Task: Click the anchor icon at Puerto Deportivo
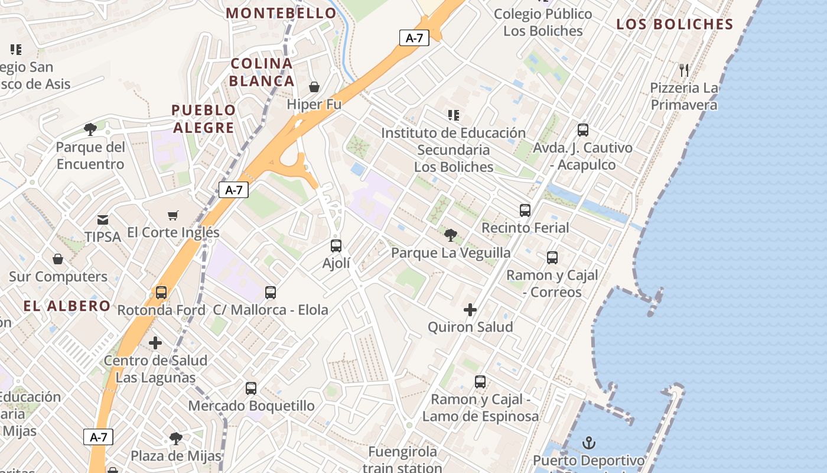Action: coord(589,443)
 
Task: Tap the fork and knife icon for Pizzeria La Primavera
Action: coord(684,70)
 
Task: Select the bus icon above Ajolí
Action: coord(336,245)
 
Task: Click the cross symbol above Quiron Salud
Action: coord(470,310)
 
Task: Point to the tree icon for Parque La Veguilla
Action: coord(451,235)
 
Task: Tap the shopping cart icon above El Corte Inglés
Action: coord(173,216)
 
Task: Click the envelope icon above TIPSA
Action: coord(103,220)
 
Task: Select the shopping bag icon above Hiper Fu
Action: coord(314,88)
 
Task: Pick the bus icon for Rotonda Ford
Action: coord(161,292)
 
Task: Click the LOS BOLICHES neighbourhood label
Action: coord(675,24)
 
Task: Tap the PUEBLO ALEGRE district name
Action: coord(203,119)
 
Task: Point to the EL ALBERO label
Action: coord(67,306)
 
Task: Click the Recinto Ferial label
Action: coord(525,228)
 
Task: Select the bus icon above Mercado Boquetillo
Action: coord(251,388)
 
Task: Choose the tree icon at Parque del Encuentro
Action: coord(90,129)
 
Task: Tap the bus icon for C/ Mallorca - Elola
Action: coord(271,292)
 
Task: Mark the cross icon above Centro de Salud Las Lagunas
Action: coord(155,343)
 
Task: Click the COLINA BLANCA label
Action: coord(262,72)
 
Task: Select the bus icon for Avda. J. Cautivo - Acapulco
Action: coord(583,130)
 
